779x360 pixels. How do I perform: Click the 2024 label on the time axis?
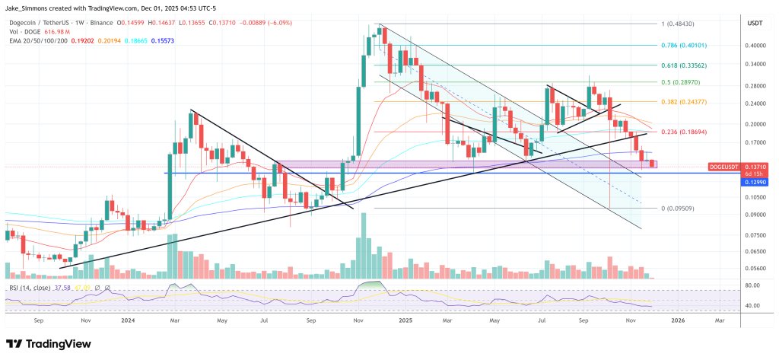point(128,322)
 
